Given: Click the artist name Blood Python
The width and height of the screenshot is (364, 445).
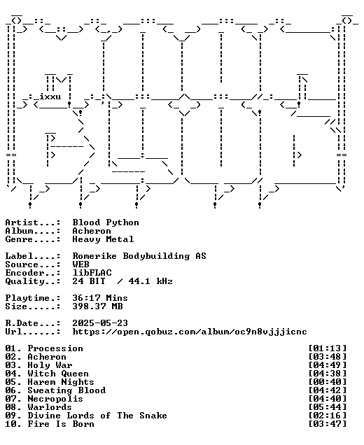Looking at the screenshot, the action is click(x=106, y=222).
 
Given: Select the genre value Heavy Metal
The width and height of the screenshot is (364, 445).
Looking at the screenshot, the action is click(x=103, y=239).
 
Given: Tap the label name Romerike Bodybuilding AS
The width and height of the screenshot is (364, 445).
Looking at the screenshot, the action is click(x=139, y=256).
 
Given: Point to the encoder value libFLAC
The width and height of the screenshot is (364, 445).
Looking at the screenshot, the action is click(x=92, y=273).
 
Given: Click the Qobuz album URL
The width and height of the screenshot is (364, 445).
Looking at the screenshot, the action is click(x=190, y=332).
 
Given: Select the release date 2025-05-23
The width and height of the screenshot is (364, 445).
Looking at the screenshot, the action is click(x=100, y=323).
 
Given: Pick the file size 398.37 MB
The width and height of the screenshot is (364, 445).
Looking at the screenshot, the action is click(x=97, y=306).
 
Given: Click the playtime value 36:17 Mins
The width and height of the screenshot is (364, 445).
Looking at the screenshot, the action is click(x=100, y=298).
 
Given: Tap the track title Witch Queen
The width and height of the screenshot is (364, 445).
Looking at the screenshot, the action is click(x=58, y=374).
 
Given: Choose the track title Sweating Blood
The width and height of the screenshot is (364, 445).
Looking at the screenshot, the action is click(x=66, y=390).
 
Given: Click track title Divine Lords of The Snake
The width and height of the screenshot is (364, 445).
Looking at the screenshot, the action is click(x=97, y=416).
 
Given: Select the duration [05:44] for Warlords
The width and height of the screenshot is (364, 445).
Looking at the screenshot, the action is click(x=328, y=407).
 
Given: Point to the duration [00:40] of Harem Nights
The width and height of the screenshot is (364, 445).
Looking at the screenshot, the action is click(x=328, y=382).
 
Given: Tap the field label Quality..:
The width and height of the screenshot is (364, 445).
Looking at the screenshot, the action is click(x=33, y=281).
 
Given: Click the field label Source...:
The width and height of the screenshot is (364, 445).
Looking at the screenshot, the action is click(x=33, y=264).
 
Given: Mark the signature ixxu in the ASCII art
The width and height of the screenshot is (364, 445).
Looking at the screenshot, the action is click(x=50, y=97).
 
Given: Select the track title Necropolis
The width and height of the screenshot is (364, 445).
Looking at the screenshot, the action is click(x=55, y=399).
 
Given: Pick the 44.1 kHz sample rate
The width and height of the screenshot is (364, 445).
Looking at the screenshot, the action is click(x=150, y=281).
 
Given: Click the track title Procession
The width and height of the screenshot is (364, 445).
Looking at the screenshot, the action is click(x=55, y=348).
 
